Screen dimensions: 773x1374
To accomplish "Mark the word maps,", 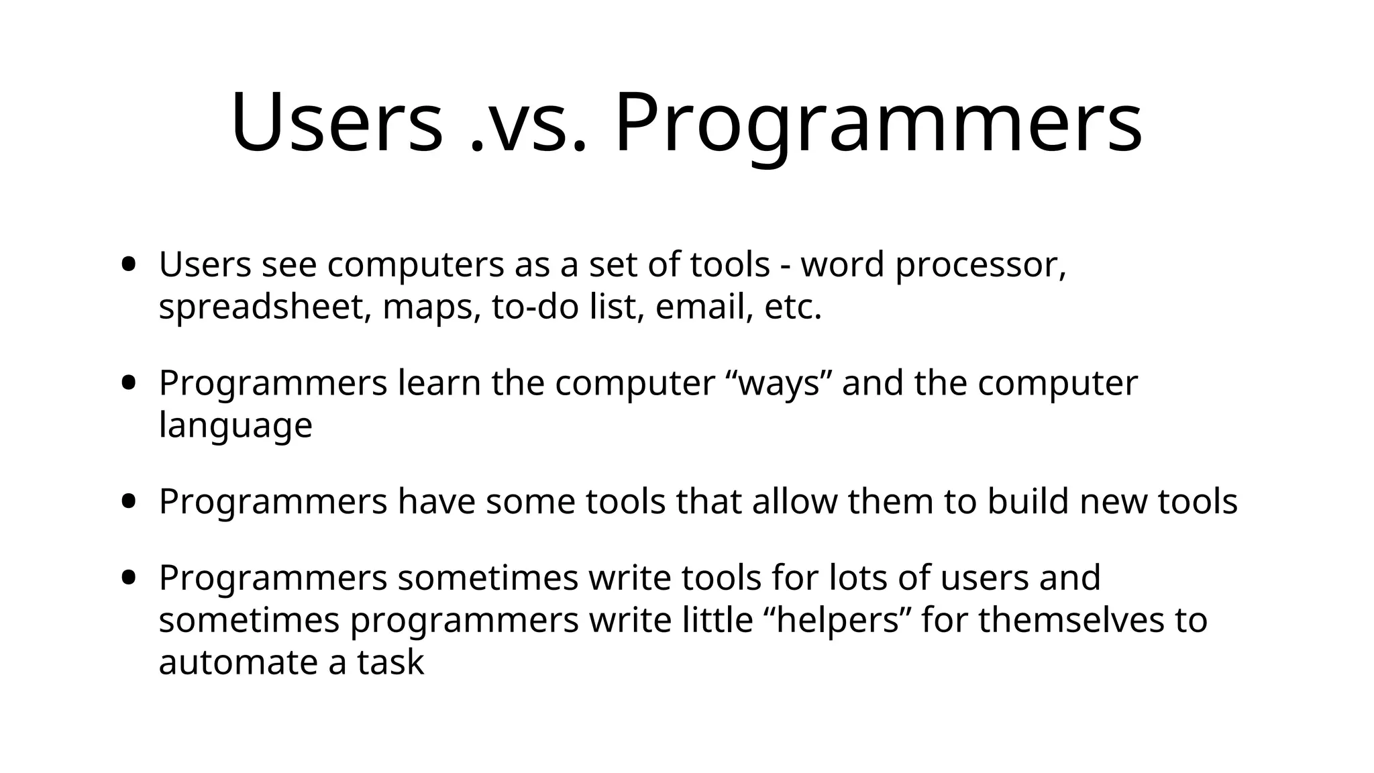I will (431, 309).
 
